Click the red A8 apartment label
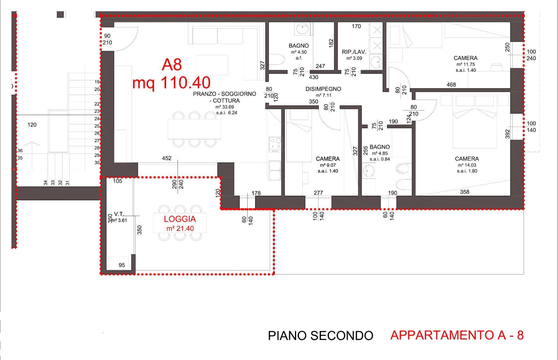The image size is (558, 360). (x=172, y=65)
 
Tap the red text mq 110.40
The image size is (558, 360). (x=171, y=83)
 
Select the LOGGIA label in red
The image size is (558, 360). (x=180, y=219)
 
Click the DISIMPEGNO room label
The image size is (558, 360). (x=323, y=89)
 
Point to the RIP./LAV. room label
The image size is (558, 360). (x=354, y=52)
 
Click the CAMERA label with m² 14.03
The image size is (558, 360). (x=467, y=159)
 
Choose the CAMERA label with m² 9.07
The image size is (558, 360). (x=328, y=159)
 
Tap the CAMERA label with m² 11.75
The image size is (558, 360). (x=466, y=58)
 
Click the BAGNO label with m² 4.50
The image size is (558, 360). (x=299, y=46)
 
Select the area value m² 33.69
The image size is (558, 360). (x=225, y=107)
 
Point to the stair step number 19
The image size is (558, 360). (x=97, y=82)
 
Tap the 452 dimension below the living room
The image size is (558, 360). (x=167, y=158)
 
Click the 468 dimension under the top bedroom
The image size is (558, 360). (x=451, y=85)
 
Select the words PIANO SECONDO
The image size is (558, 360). (x=320, y=336)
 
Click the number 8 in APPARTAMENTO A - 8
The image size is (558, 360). (x=520, y=335)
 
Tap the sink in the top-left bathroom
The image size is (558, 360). (x=303, y=28)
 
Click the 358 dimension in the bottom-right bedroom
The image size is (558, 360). (x=465, y=192)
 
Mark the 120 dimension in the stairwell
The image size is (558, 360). (x=32, y=125)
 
